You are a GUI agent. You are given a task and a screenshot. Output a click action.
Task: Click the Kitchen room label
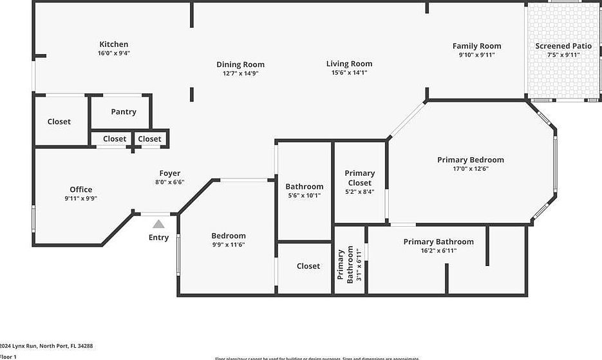tap(113, 44)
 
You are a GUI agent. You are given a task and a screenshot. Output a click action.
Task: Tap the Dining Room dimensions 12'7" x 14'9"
tap(240, 73)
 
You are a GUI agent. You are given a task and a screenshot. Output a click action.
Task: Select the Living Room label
tap(349, 64)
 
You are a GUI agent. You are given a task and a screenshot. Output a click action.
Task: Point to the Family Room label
tap(476, 46)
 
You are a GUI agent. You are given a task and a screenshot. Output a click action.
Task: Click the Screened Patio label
tap(563, 46)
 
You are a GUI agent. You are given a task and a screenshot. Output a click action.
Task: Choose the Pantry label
tap(124, 111)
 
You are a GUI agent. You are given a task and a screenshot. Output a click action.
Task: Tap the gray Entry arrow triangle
tap(158, 224)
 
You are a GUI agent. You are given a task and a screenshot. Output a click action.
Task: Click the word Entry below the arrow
tap(158, 238)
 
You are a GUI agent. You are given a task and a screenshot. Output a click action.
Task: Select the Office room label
tap(81, 189)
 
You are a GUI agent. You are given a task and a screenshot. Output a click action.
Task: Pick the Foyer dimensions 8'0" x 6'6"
tap(169, 182)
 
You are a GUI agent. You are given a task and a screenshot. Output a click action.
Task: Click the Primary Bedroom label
tap(471, 160)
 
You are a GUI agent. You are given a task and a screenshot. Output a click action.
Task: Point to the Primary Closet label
tap(359, 178)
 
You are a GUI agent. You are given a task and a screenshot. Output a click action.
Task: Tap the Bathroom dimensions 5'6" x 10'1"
tap(305, 196)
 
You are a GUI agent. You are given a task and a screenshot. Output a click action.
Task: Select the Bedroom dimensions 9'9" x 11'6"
tap(229, 245)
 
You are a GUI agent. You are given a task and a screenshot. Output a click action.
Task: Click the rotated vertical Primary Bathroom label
tap(346, 264)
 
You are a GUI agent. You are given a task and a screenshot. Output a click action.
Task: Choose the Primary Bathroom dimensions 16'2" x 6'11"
tap(438, 251)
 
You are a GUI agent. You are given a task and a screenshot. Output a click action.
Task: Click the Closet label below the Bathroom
tap(308, 266)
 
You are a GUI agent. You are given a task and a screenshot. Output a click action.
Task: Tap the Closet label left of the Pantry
tap(59, 122)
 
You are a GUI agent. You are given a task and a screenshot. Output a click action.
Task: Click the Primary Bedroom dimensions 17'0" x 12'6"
tap(471, 169)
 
